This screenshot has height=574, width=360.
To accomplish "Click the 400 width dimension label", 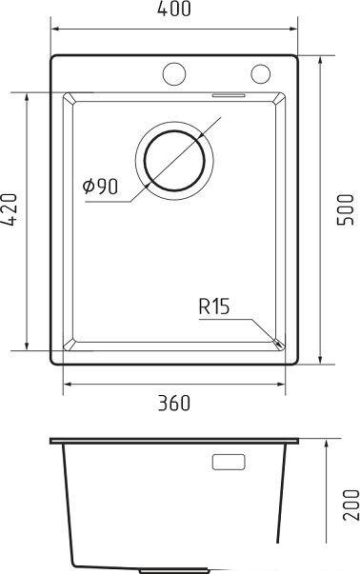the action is coord(174,9).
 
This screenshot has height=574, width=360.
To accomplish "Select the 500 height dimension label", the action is coord(346,209).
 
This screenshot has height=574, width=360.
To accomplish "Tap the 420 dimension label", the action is coord(10,209).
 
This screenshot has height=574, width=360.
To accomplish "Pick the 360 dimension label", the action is coord(174,403).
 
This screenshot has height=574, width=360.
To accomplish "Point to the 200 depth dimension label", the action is coord(350,505).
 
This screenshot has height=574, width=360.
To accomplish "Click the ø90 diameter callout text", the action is coord(100,186).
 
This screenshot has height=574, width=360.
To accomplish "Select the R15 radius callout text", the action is coord(214,307).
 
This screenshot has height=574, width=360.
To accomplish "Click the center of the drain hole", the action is coord(174,160).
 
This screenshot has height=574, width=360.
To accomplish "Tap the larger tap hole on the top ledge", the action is coord(174,74).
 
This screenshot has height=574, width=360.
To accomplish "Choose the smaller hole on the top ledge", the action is coord(260,73).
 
